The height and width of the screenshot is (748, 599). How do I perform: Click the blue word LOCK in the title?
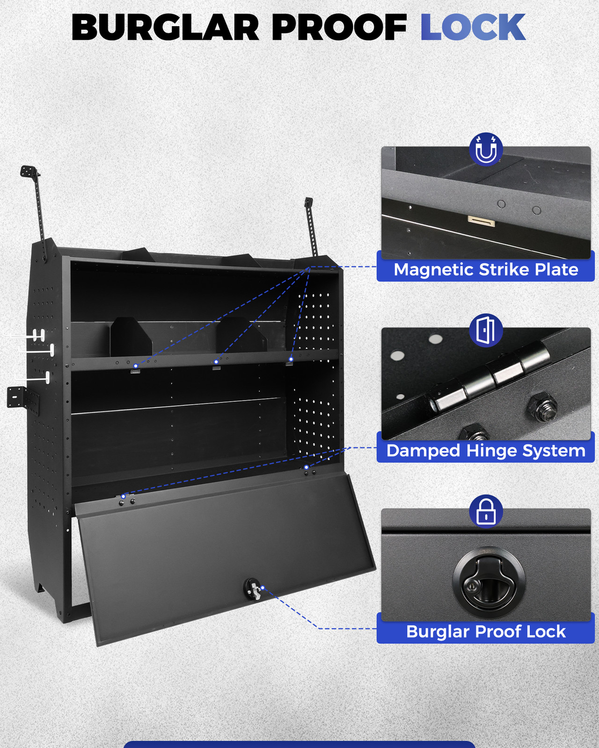click(473, 28)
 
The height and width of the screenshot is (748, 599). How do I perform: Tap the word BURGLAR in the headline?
click(165, 28)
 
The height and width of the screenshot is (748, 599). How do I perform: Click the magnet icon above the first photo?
click(486, 150)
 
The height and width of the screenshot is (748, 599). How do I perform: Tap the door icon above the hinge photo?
click(486, 331)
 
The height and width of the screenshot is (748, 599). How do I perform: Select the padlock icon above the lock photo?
click(486, 511)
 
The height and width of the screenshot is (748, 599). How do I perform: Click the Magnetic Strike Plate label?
click(486, 270)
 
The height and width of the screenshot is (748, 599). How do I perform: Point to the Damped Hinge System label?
click(486, 451)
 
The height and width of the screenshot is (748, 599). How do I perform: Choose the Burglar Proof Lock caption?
click(486, 632)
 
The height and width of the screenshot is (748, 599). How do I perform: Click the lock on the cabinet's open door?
click(252, 589)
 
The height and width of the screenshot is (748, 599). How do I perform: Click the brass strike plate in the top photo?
click(481, 221)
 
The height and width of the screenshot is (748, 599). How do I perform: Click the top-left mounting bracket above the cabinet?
click(30, 172)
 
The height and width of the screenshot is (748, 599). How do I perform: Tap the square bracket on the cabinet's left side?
click(17, 397)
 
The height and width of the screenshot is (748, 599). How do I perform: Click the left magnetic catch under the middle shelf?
click(135, 370)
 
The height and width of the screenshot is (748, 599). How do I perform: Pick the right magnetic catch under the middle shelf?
click(290, 362)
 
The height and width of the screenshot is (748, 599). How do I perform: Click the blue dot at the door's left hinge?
click(123, 496)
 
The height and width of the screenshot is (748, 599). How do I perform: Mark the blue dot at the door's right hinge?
click(307, 467)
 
